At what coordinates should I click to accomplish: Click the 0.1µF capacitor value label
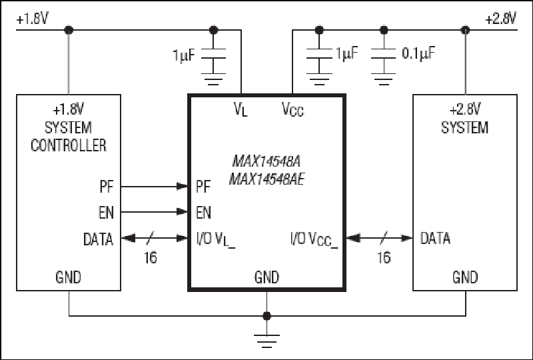pyautogui.click(x=418, y=53)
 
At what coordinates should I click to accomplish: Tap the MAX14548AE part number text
pyautogui.click(x=267, y=179)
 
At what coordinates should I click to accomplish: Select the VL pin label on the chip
pyautogui.click(x=241, y=109)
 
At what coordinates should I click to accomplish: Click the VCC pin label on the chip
pyautogui.click(x=292, y=109)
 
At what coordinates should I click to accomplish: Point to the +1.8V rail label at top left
pyautogui.click(x=32, y=19)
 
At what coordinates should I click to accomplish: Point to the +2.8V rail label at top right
pyautogui.click(x=501, y=19)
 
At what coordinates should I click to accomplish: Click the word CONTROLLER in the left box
pyautogui.click(x=69, y=145)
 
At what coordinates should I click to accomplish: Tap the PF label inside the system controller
pyautogui.click(x=107, y=187)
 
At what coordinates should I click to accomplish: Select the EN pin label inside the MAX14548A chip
pyautogui.click(x=203, y=212)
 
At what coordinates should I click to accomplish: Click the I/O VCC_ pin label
pyautogui.click(x=314, y=239)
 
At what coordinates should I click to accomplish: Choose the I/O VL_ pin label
pyautogui.click(x=215, y=239)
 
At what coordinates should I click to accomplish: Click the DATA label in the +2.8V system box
pyautogui.click(x=435, y=238)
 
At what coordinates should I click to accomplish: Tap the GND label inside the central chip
pyautogui.click(x=266, y=277)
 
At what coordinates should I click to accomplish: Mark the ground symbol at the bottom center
pyautogui.click(x=267, y=341)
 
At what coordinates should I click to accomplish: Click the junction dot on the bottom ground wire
pyautogui.click(x=267, y=316)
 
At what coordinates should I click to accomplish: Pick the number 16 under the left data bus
pyautogui.click(x=151, y=257)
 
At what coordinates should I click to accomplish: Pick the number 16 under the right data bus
pyautogui.click(x=384, y=257)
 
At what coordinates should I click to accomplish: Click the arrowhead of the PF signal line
pyautogui.click(x=182, y=186)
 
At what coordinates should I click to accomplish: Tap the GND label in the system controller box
pyautogui.click(x=68, y=277)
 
